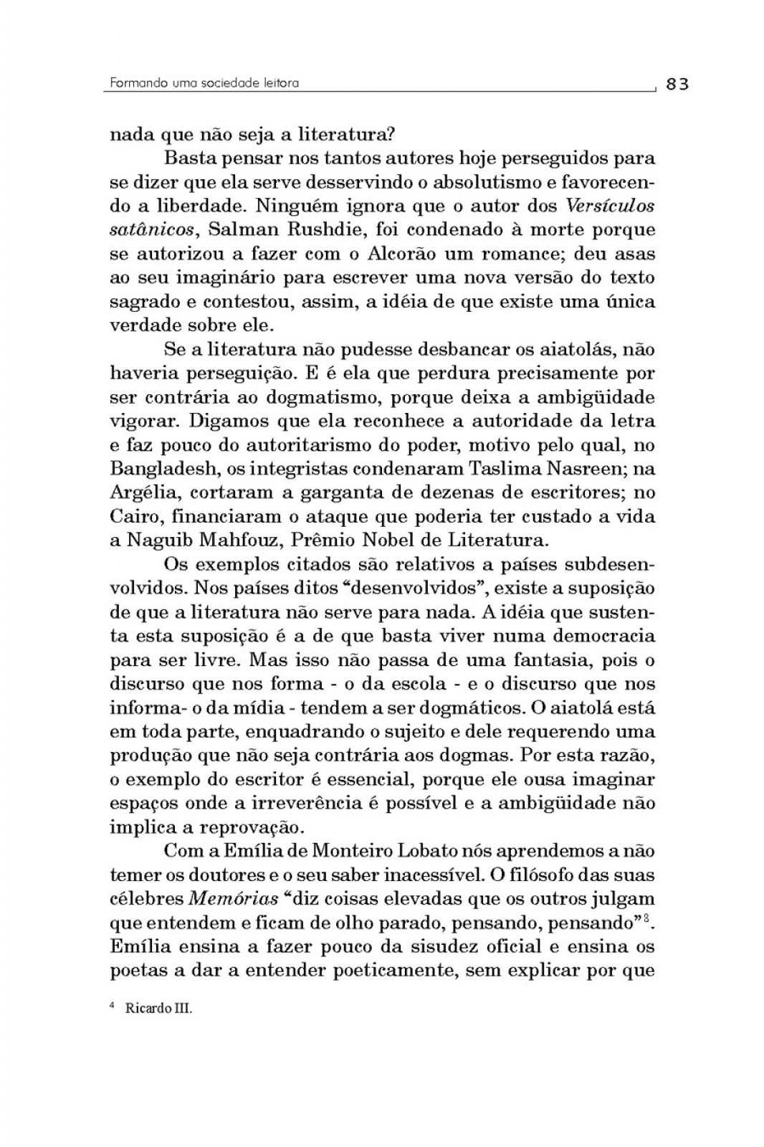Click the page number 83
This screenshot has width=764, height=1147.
click(x=677, y=84)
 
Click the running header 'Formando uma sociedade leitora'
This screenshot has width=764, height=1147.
click(x=204, y=83)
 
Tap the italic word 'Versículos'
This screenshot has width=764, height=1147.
click(x=610, y=206)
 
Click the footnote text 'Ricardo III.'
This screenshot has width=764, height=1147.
click(x=159, y=1008)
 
